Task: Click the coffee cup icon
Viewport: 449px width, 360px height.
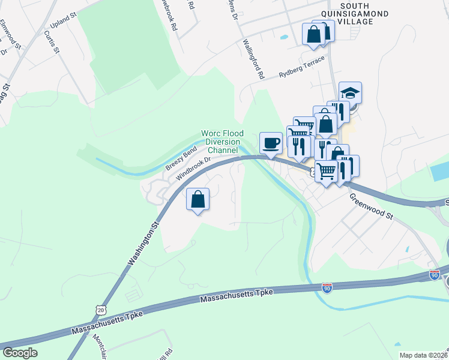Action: tap(271, 143)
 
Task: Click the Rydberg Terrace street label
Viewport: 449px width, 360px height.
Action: tap(302, 68)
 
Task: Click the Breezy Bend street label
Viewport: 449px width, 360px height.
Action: tap(181, 159)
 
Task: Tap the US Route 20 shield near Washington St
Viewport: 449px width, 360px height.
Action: tap(101, 307)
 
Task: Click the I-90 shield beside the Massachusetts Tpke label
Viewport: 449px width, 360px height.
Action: tap(327, 288)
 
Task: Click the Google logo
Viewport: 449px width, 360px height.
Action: tap(20, 353)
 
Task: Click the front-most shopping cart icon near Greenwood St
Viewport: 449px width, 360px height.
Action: tap(327, 171)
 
